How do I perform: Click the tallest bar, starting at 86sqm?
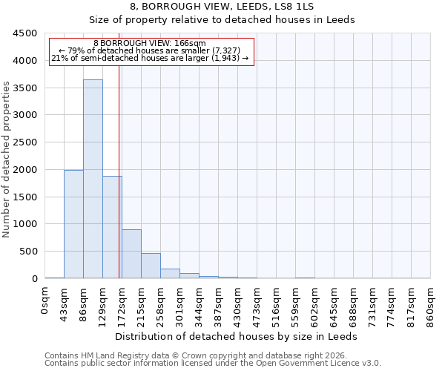pyautogui.click(x=93, y=179)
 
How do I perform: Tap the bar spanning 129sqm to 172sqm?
pyautogui.click(x=112, y=227)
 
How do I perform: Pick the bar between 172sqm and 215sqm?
pyautogui.click(x=131, y=254)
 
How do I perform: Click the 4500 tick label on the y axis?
pyautogui.click(x=24, y=33)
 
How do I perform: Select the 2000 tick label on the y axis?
pyautogui.click(x=24, y=170)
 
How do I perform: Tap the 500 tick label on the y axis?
pyautogui.click(x=27, y=252)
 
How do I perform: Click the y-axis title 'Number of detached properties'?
pyautogui.click(x=7, y=159)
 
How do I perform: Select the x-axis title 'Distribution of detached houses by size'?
pyautogui.click(x=237, y=336)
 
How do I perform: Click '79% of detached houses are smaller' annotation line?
pyautogui.click(x=151, y=50)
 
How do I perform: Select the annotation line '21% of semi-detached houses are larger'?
pyautogui.click(x=151, y=58)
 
